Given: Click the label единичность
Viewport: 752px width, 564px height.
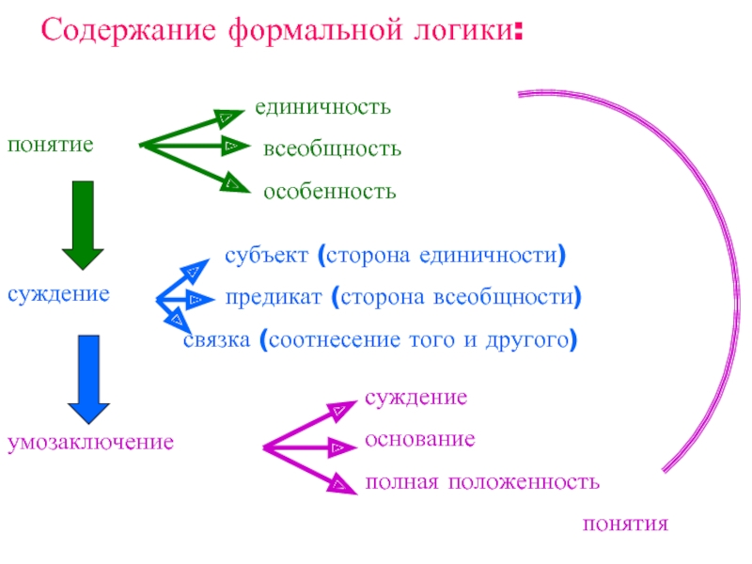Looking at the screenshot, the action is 322,107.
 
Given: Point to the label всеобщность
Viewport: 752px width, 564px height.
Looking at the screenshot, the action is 332,149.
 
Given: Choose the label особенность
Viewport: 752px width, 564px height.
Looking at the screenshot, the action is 329,192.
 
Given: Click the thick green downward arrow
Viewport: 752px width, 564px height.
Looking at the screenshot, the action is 83,226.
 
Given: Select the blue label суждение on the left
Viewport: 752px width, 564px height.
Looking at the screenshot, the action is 58,294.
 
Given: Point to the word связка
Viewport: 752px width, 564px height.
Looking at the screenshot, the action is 216,340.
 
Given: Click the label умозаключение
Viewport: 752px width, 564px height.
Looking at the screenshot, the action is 91,441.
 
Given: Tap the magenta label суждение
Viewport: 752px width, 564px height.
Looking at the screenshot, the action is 415,397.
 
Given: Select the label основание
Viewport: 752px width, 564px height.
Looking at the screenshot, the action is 419,439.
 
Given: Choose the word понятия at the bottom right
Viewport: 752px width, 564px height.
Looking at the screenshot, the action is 625,524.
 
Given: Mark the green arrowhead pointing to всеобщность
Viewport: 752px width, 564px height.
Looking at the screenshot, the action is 231,147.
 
